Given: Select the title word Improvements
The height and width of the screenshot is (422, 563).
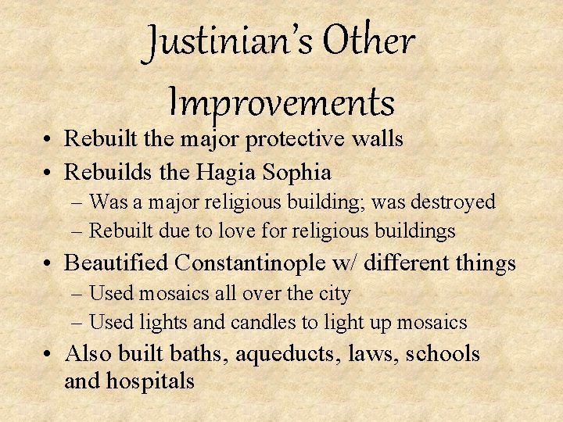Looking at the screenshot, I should pos(281,101).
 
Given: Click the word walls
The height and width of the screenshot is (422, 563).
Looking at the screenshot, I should pos(378,139).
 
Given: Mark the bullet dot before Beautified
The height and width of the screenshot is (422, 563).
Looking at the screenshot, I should pos(49,263).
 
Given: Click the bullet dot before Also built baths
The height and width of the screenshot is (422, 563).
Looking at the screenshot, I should pos(49,354).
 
